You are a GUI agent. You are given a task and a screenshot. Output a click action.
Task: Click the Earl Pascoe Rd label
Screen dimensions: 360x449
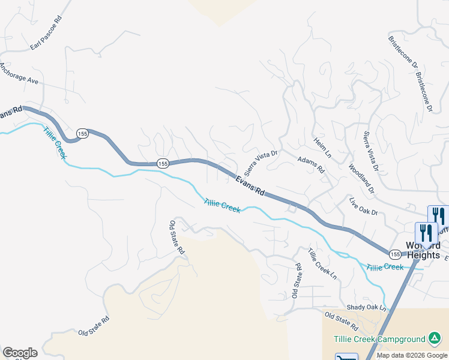46,34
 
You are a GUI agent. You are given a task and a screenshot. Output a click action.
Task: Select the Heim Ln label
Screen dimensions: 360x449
322,147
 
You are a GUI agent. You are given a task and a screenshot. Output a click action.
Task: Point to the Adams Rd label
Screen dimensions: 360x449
311,165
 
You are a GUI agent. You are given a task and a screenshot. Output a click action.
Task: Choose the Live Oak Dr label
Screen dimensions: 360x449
364,205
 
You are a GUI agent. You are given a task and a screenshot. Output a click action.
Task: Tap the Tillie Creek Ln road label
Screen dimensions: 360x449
323,263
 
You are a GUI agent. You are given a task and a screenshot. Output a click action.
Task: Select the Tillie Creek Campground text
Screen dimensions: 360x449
378,338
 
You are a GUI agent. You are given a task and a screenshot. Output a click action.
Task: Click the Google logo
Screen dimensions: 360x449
20,353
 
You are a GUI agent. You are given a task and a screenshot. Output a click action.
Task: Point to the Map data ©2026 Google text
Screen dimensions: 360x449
412,355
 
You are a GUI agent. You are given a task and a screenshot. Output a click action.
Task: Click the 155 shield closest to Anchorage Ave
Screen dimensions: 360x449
83,133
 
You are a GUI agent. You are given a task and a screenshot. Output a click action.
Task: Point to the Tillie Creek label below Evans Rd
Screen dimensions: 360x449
222,206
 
